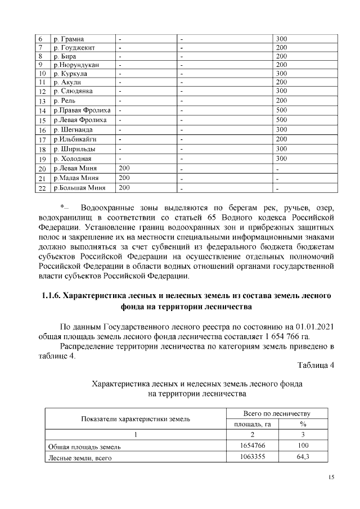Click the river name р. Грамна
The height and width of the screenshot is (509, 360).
pos(69,39)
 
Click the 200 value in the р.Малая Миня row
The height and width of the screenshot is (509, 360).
pos(124,178)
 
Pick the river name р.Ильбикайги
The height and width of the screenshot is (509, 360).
pos(75,139)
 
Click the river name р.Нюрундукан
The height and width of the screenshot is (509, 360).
pos(76,65)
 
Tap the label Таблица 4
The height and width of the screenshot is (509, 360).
pos(316,366)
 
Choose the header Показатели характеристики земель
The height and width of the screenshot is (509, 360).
pos(136,419)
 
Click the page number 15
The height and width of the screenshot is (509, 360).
pos(331,478)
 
